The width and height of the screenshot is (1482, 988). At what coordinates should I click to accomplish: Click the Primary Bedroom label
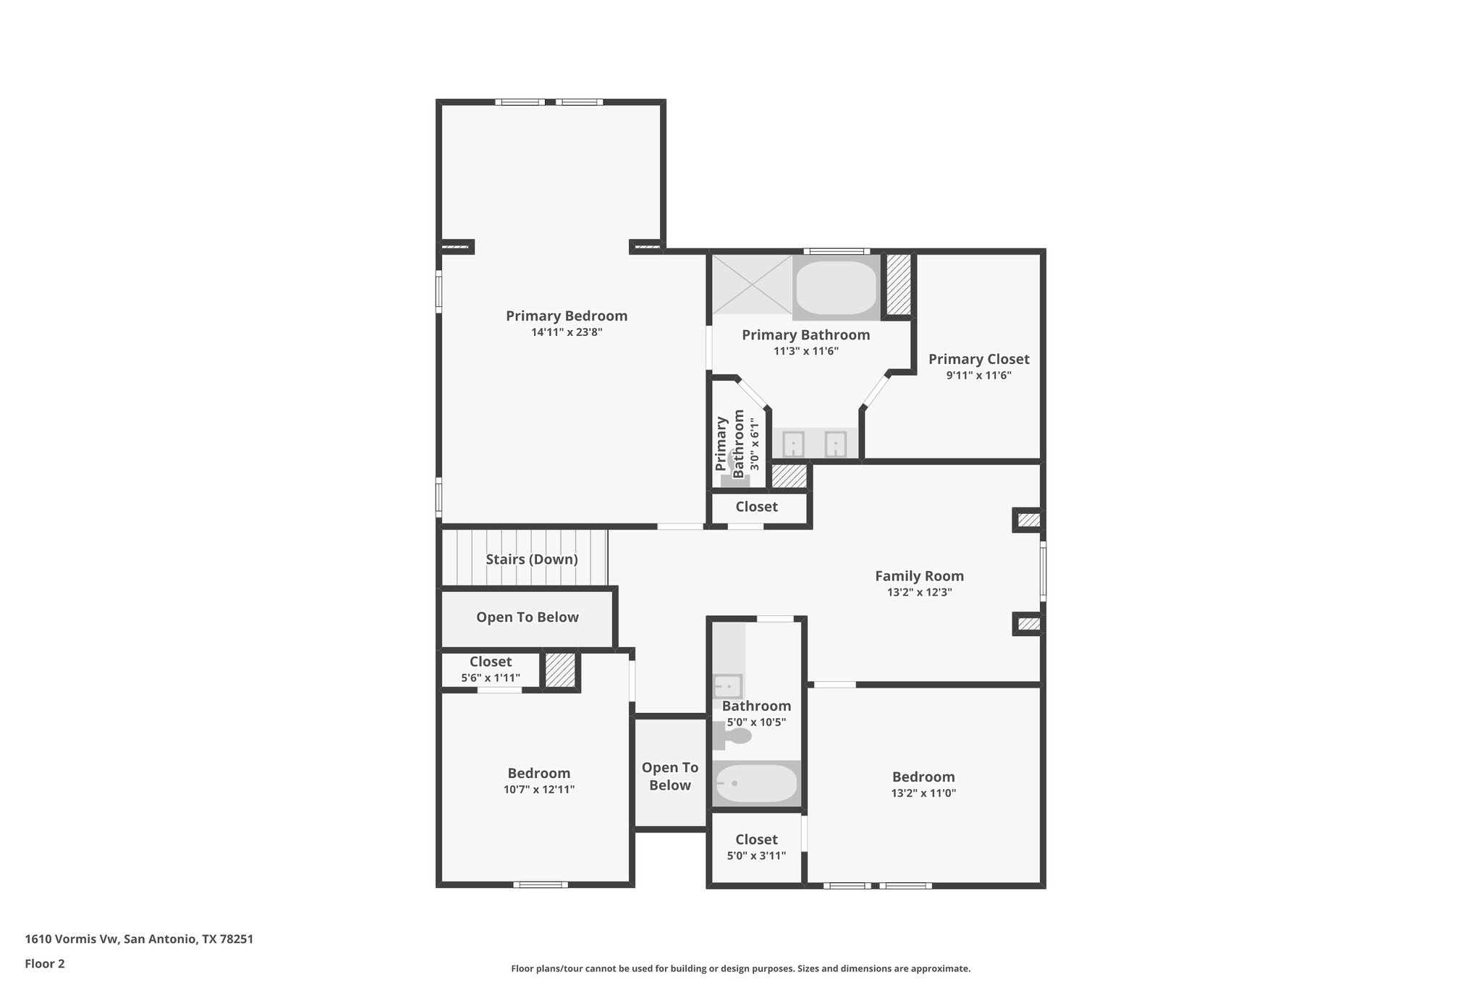[566, 316]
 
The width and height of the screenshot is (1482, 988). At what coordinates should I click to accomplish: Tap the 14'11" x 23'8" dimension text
[566, 333]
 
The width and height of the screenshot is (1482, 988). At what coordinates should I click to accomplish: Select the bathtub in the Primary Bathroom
[836, 287]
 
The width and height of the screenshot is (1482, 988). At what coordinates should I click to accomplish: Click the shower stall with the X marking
[752, 284]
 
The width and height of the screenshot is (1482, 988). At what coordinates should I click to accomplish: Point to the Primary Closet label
[978, 359]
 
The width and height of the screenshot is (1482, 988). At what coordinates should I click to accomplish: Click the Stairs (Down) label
[531, 560]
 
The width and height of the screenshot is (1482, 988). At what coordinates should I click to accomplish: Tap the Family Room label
[919, 576]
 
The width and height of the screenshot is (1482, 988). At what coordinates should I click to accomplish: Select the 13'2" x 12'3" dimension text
[919, 592]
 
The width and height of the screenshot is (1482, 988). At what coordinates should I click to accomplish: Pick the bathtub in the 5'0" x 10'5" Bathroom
[756, 783]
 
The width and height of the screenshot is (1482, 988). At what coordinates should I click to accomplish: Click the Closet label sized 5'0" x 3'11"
[756, 840]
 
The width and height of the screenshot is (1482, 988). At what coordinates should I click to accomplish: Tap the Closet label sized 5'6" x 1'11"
[490, 662]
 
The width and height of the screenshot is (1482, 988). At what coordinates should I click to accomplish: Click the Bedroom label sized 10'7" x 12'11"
[538, 773]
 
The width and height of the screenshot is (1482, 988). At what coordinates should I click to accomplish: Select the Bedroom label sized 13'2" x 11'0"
[923, 777]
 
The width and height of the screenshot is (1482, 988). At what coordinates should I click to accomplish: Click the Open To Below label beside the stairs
[527, 617]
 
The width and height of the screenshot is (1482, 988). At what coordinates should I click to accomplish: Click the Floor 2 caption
[45, 963]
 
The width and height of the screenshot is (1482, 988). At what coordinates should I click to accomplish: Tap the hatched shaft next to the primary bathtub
[898, 284]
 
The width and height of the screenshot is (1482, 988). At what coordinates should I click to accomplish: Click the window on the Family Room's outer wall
[1043, 572]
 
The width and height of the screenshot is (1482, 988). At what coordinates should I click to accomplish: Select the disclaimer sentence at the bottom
[740, 968]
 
